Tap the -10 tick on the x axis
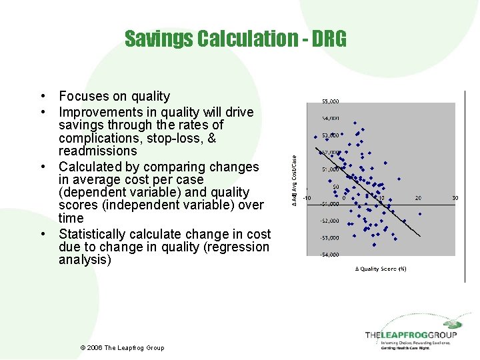tap(307, 197)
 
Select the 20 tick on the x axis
tap(418, 197)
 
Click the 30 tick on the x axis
tap(455, 197)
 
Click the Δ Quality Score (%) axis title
tap(381, 269)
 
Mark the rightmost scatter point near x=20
tap(421, 213)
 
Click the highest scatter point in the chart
tap(355, 123)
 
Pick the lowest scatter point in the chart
tap(394, 238)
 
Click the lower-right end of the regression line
tap(421, 237)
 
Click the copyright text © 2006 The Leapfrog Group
tap(121, 348)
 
